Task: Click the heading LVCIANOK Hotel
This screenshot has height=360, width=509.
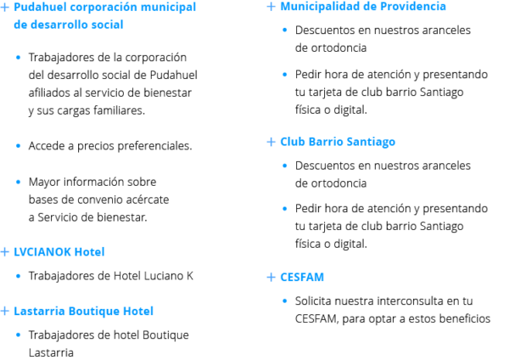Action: coord(59,252)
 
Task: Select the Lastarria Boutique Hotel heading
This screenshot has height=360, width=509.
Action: coord(83,311)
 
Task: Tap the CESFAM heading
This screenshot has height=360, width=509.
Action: coord(302,277)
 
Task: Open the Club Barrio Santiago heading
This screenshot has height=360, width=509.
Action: coord(338,142)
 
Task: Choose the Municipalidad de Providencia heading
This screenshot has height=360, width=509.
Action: coord(363,7)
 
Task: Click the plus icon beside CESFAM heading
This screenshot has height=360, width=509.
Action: coord(271,277)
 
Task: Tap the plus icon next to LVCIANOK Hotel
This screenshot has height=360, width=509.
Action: coord(4,252)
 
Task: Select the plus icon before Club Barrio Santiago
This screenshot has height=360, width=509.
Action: coord(271,142)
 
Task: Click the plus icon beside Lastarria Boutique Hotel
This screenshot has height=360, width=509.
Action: coord(4,311)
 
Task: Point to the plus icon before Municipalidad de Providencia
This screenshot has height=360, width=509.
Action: coord(271,7)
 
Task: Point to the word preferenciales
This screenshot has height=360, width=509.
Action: coord(154,146)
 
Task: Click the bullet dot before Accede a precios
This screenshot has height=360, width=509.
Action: coord(18,146)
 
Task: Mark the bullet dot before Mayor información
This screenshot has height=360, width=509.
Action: coord(18,182)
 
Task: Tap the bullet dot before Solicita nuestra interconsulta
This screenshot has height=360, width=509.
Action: coord(285,301)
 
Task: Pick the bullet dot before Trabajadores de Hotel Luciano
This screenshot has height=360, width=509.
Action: coord(18,276)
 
